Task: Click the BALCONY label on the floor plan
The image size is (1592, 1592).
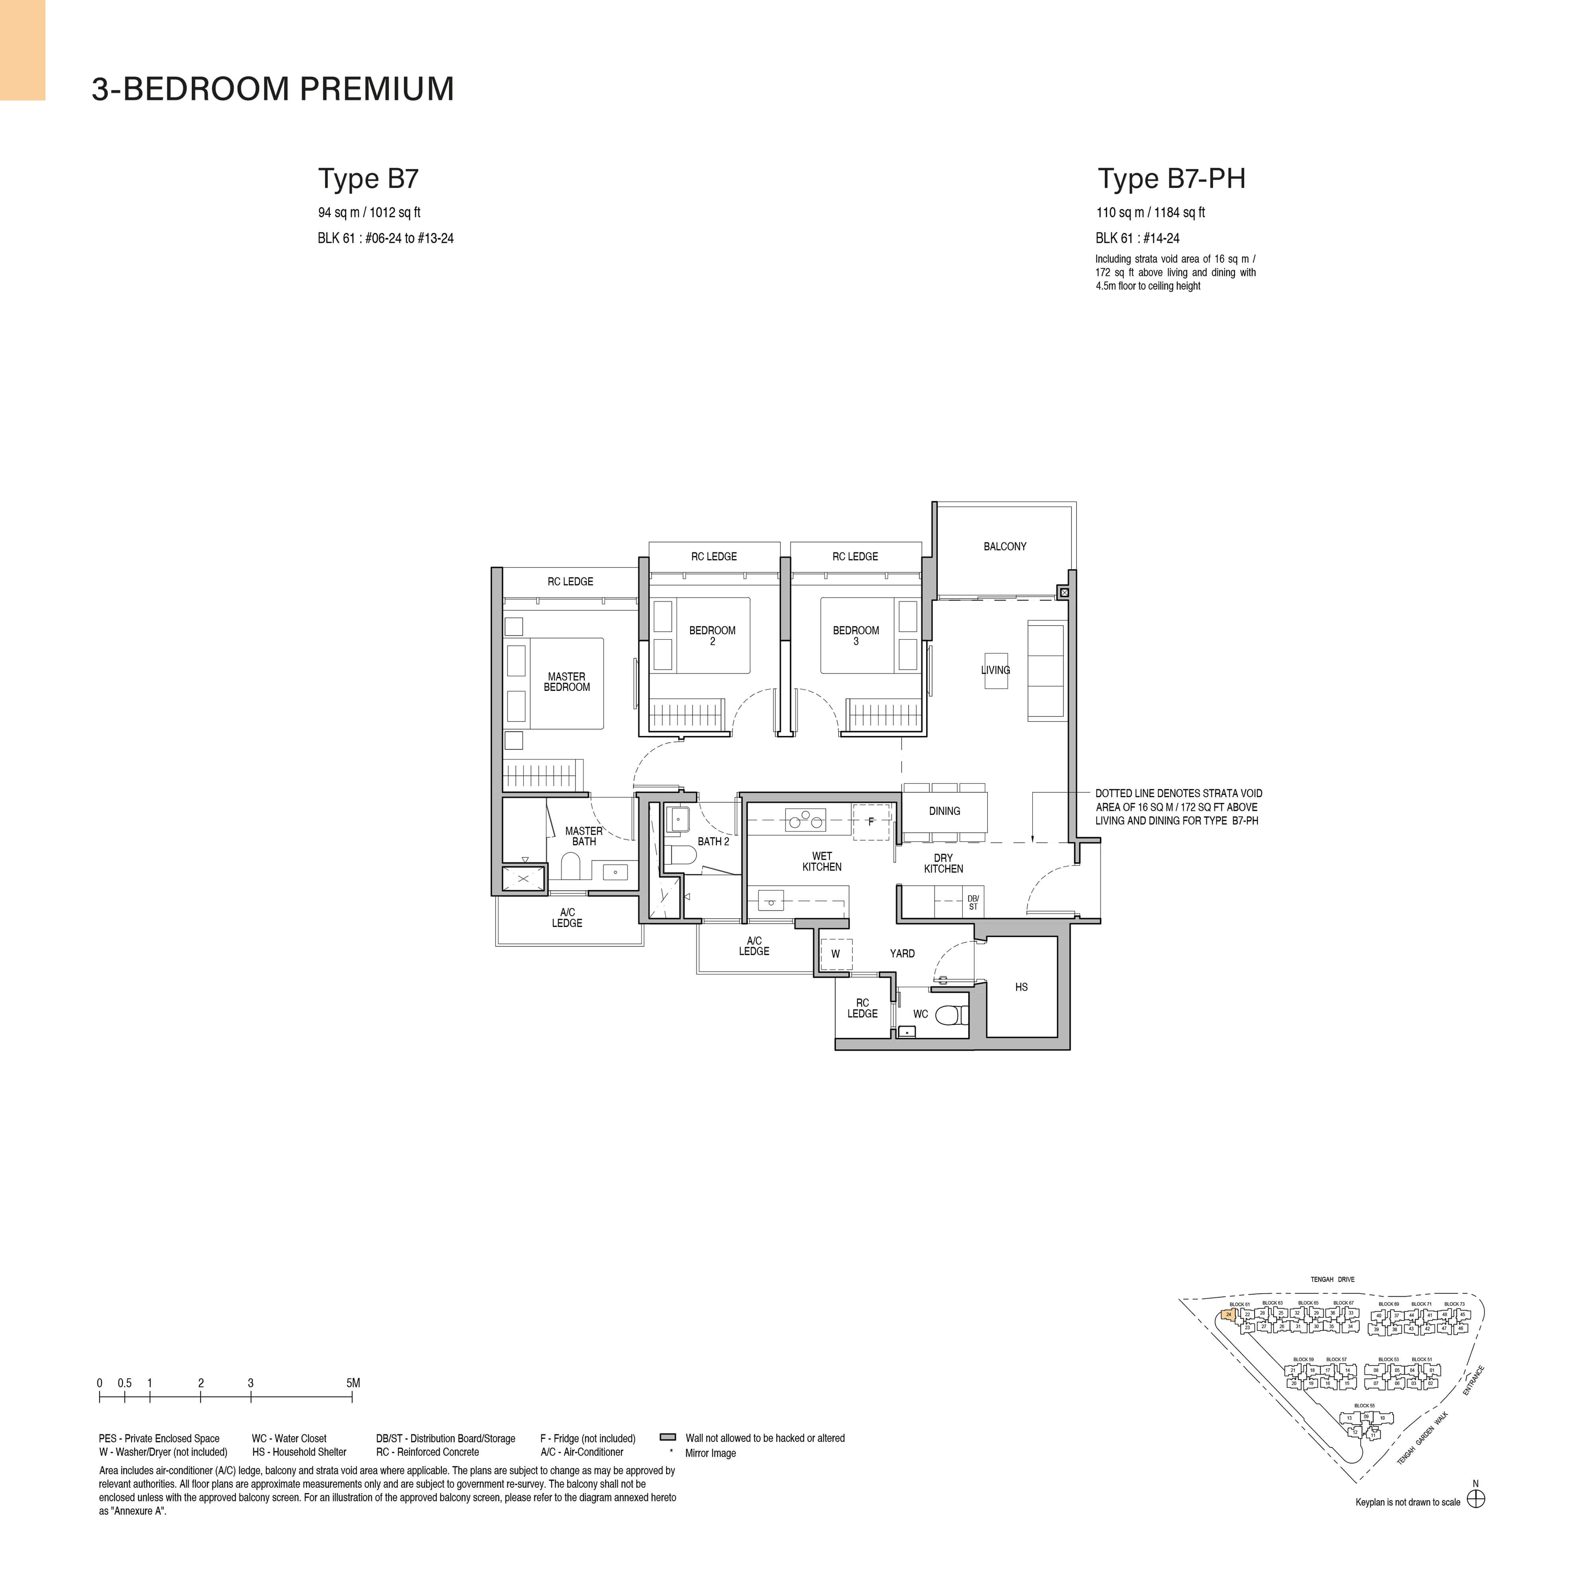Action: (1005, 546)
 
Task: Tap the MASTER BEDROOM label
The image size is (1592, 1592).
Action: (567, 681)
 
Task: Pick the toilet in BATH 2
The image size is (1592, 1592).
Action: (677, 855)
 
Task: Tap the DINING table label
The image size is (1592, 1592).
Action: (944, 811)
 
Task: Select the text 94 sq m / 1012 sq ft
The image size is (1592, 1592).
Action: (369, 213)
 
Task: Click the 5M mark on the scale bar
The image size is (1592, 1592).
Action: (353, 1383)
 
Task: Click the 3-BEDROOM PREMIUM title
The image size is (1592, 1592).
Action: (273, 89)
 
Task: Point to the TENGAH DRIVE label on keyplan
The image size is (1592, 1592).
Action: (1333, 1280)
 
